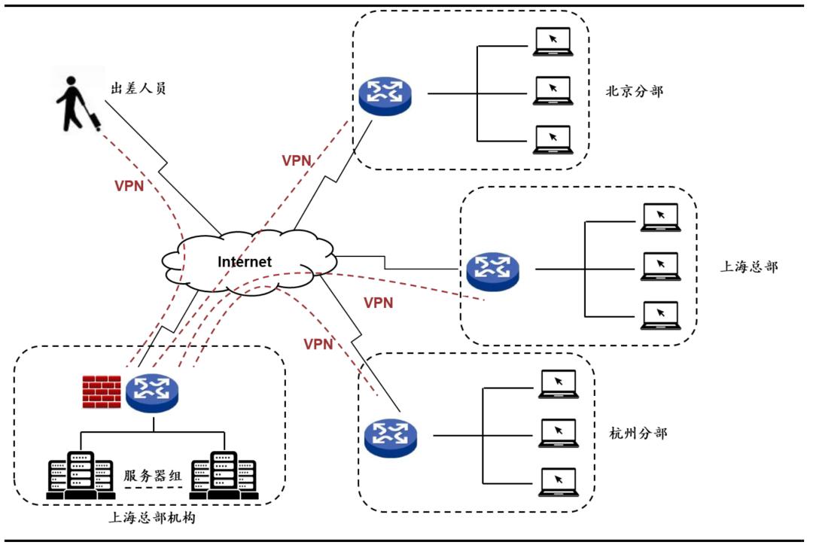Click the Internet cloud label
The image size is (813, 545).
(244, 262)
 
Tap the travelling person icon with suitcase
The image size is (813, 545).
(78, 101)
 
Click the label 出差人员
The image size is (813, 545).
(139, 89)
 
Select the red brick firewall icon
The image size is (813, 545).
(102, 392)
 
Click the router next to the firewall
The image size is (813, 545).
(152, 392)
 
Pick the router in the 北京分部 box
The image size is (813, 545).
(385, 94)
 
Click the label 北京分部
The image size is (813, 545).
(635, 92)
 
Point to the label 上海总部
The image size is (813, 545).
(748, 266)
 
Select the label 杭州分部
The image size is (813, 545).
(638, 434)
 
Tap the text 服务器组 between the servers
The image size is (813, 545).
(154, 476)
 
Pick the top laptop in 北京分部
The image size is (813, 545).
(553, 41)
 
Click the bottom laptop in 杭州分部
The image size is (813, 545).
(558, 482)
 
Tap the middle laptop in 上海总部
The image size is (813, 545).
(660, 266)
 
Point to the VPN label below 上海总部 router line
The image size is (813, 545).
(378, 303)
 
